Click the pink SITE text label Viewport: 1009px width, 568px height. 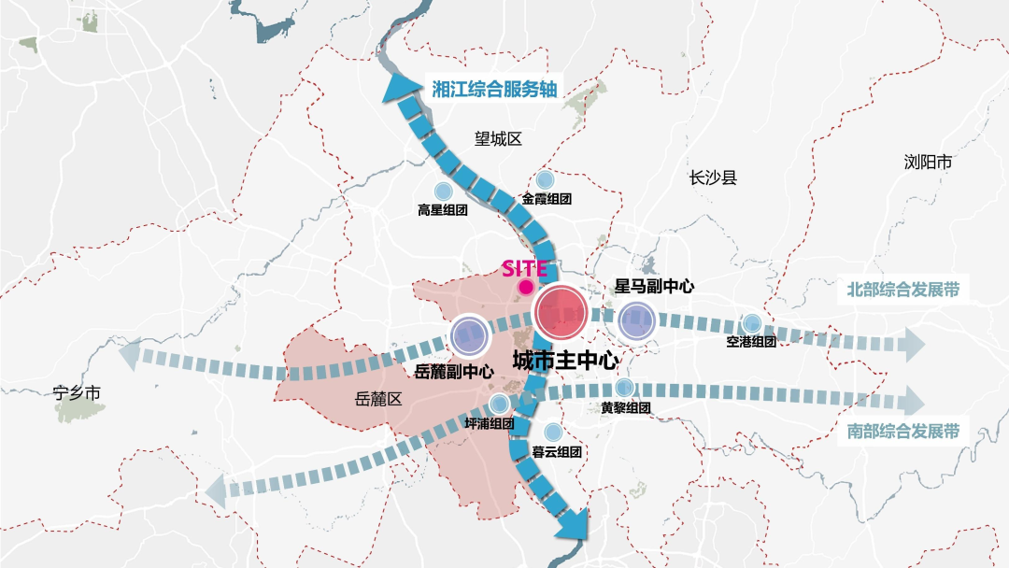tap(525, 267)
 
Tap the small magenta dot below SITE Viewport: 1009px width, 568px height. tap(526, 287)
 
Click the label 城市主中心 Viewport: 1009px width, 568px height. tap(566, 360)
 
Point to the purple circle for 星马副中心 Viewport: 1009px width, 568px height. tap(636, 320)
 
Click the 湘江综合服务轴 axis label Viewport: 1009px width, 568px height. tap(493, 89)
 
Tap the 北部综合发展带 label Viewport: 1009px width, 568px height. tap(902, 289)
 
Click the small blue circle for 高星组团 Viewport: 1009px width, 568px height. tap(443, 188)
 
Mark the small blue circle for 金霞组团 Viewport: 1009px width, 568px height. tap(546, 178)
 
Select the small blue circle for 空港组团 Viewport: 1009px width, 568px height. tap(751, 322)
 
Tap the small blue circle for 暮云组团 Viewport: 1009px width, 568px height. tap(553, 432)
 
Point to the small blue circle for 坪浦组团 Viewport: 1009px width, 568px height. tap(499, 404)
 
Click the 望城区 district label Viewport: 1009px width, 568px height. tap(498, 139)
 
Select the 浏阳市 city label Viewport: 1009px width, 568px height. tap(928, 163)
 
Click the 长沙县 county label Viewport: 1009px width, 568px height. tap(713, 177)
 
